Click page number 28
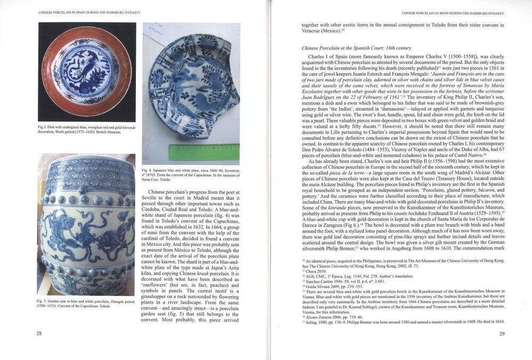[x=39, y=334]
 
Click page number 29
[x=502, y=334]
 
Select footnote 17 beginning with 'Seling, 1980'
[x=399, y=322]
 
